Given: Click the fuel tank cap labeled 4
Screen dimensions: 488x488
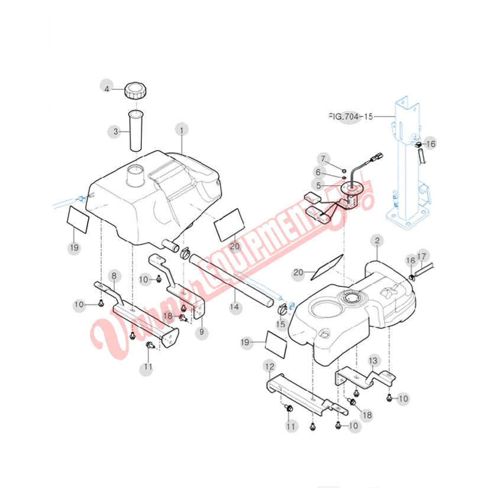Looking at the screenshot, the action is pyautogui.click(x=135, y=91).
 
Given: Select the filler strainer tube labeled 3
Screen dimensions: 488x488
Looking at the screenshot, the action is pyautogui.click(x=135, y=131).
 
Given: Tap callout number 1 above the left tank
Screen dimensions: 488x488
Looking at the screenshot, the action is pyautogui.click(x=182, y=130).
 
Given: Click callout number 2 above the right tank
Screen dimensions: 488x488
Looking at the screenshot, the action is pyautogui.click(x=377, y=240).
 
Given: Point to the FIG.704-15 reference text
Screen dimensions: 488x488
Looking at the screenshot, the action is pyautogui.click(x=351, y=117).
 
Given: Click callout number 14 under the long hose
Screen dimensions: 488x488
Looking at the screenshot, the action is pyautogui.click(x=234, y=307).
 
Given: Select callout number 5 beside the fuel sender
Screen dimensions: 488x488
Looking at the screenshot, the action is pyautogui.click(x=318, y=186).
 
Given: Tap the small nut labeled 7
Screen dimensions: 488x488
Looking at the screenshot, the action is pyautogui.click(x=344, y=170).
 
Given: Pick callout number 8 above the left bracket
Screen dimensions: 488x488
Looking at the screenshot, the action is pyautogui.click(x=114, y=276).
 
